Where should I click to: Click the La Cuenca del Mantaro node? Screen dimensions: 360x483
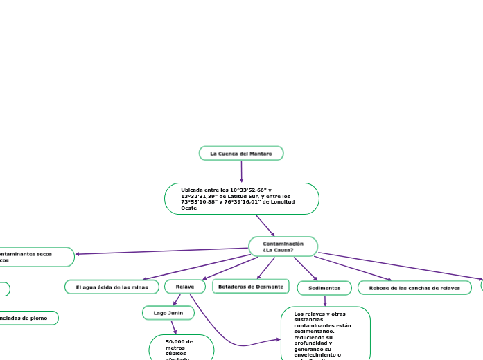[x=241, y=153]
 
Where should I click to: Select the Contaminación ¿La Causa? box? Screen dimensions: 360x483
[x=283, y=246]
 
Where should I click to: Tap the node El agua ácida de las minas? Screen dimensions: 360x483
[x=112, y=287]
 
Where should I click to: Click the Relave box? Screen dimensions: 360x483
[x=185, y=287]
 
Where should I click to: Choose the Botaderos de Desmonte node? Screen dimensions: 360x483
[x=251, y=286]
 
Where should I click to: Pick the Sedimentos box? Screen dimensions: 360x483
[x=324, y=287]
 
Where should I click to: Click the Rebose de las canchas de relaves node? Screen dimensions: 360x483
[x=414, y=287]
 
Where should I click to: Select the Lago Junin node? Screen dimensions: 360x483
[x=168, y=313]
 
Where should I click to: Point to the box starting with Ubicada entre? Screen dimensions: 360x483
[x=241, y=199]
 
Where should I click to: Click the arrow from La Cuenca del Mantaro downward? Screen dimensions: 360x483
[x=241, y=171]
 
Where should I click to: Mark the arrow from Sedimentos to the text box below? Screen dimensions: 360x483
[x=324, y=300]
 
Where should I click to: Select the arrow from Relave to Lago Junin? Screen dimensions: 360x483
[x=177, y=300]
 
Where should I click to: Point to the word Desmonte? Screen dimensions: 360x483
[x=270, y=286]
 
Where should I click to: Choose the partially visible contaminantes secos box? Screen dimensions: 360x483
[x=35, y=257]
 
